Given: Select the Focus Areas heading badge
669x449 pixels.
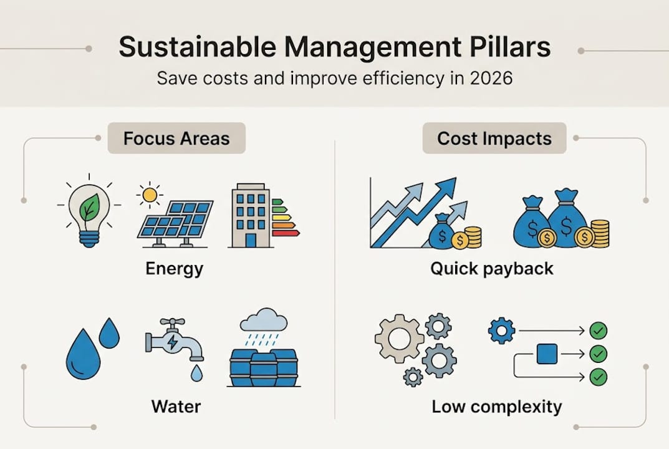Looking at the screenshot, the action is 176,138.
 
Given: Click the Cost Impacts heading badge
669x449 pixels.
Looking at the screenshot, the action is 494,138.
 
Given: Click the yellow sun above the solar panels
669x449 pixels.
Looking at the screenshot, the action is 150,195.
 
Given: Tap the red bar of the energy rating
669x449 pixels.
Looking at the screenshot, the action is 286,233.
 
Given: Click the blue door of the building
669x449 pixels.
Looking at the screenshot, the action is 251,240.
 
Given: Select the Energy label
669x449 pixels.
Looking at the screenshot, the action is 174,269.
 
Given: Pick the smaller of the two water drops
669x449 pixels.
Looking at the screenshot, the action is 109,334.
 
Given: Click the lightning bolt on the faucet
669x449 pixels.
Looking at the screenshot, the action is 172,342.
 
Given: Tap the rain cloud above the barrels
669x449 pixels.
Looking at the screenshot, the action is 263,320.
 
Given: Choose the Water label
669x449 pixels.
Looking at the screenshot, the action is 176,407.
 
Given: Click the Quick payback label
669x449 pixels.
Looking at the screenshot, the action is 491,269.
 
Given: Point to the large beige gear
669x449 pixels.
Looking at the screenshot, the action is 400,339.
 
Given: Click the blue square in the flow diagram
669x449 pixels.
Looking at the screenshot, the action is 547,354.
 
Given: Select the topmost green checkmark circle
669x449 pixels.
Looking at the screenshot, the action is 598,331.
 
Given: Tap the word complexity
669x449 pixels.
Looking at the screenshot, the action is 516,407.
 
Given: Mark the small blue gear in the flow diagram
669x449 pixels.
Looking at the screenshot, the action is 501,331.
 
